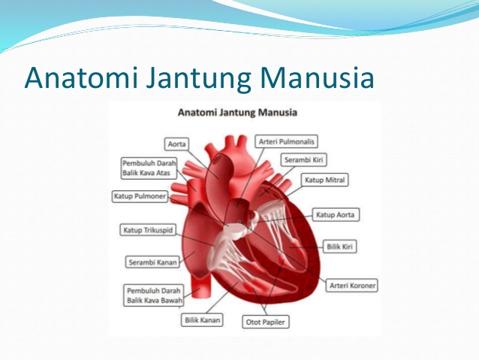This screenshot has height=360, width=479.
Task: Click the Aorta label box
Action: point(178,143)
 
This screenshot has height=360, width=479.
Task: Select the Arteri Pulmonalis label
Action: point(287,141)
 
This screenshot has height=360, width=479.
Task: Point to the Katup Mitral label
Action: point(325,180)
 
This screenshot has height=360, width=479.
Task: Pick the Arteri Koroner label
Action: point(352,286)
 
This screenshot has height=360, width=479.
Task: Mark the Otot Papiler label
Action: point(267,322)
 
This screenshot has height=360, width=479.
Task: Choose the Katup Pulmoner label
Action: point(140,198)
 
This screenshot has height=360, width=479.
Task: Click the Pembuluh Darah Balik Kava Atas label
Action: point(149,168)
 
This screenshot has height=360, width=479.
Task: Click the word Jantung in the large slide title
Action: point(185,77)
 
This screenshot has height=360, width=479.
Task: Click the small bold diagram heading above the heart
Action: point(237,113)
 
